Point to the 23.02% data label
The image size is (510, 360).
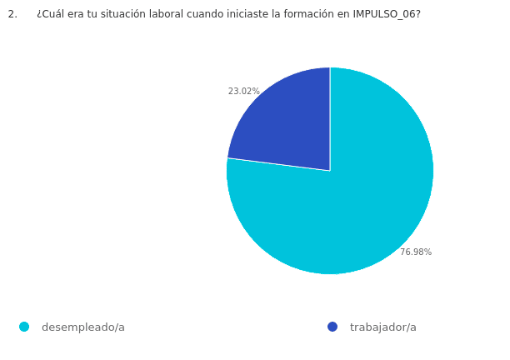[244, 92]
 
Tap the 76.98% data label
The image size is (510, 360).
[416, 252]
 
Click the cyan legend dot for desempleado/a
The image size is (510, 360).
[24, 327]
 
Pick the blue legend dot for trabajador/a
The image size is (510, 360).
[332, 327]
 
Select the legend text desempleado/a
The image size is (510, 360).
[83, 327]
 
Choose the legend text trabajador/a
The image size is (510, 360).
[383, 327]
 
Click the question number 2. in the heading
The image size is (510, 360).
[12, 14]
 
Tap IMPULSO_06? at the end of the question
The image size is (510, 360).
[387, 14]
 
